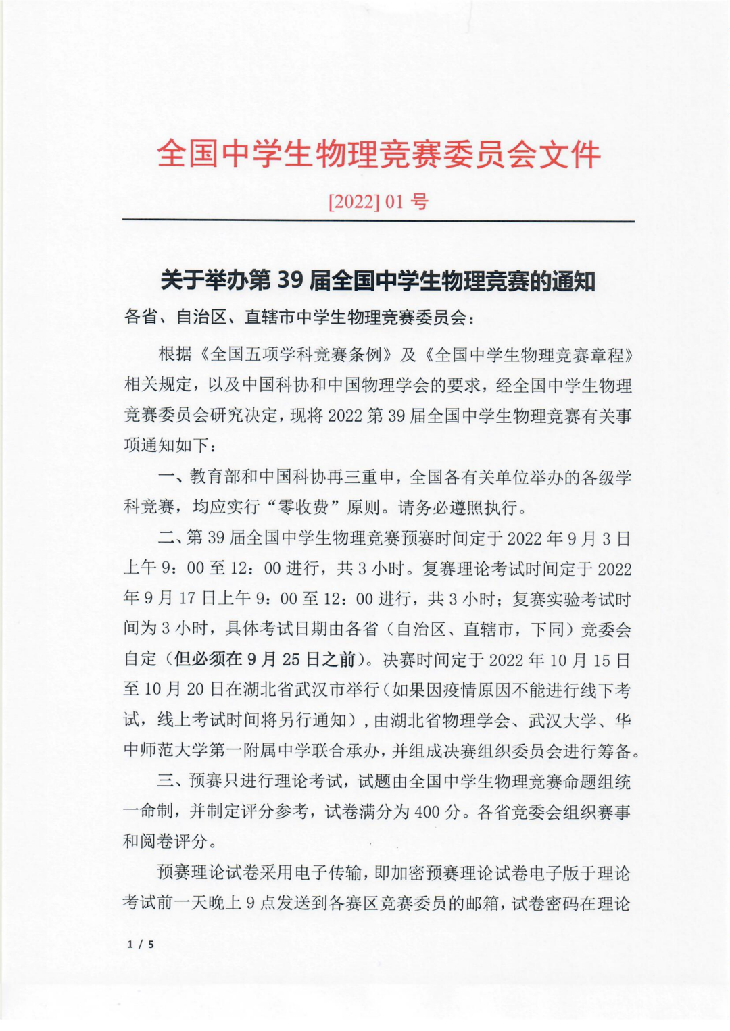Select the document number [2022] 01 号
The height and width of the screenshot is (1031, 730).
[378, 202]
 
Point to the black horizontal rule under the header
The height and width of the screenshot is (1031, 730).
[378, 221]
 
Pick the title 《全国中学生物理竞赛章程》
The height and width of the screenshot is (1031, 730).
[534, 355]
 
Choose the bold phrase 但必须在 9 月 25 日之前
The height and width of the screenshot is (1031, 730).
[264, 659]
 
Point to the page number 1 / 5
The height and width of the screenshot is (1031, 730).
[141, 944]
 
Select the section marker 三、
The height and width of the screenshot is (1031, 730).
[172, 782]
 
